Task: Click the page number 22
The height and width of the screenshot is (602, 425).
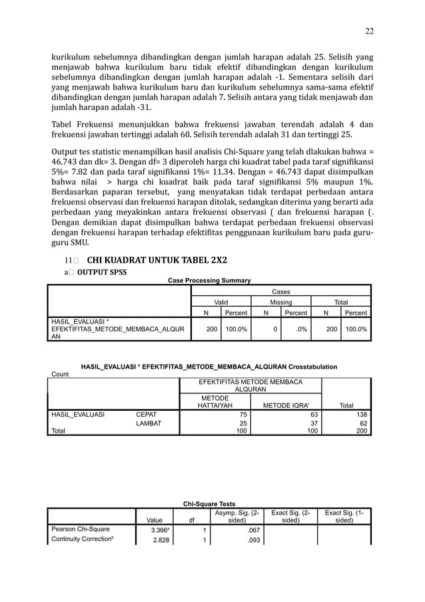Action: click(x=368, y=31)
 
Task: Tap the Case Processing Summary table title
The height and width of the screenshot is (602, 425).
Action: click(x=209, y=281)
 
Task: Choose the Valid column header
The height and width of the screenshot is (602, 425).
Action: click(x=220, y=302)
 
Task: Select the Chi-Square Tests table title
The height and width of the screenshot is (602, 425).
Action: click(x=209, y=503)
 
